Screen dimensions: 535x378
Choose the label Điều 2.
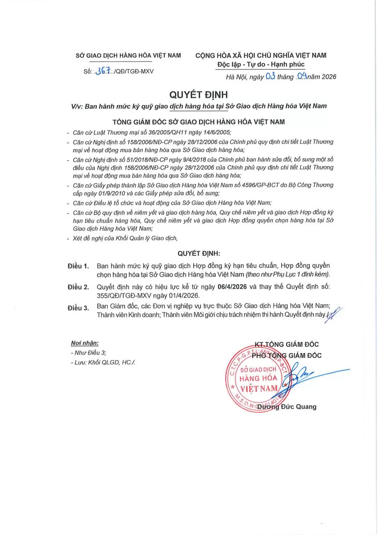click(x=79, y=287)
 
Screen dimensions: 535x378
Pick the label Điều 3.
click(x=79, y=308)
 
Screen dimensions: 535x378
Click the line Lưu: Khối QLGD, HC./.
click(x=102, y=363)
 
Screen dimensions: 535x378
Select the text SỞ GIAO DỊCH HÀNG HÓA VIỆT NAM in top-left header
click(x=129, y=55)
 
